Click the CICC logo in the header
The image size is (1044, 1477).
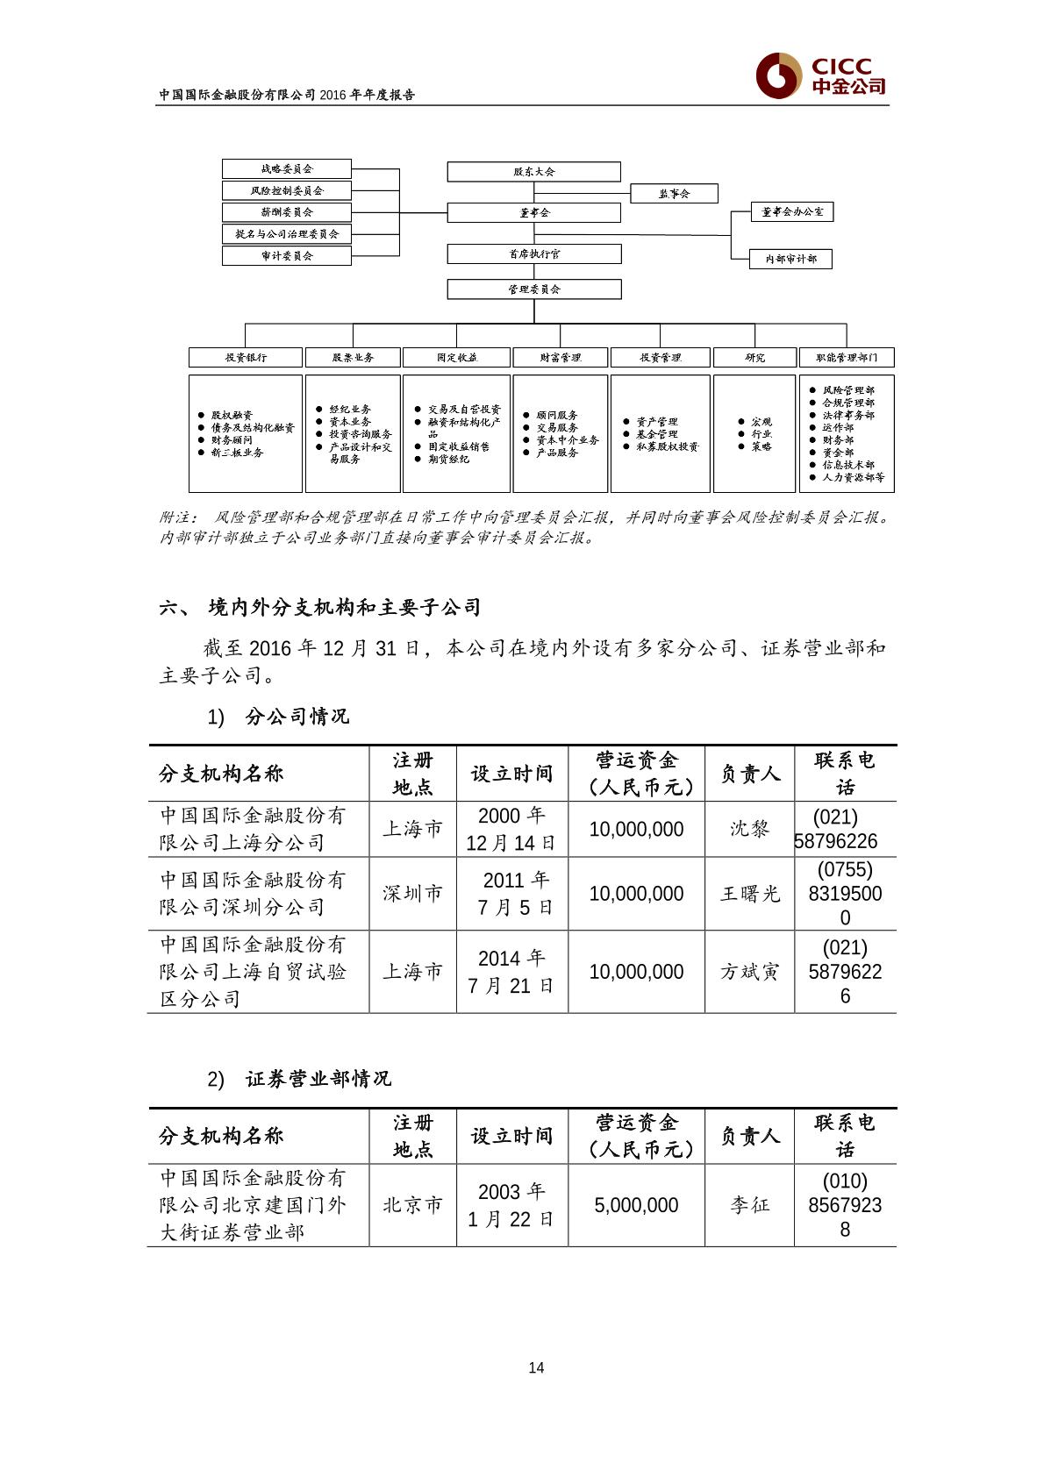coord(821,76)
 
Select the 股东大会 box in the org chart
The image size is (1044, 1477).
coord(533,172)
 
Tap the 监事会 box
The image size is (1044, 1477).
coord(674,194)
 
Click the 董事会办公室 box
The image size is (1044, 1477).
coord(792,212)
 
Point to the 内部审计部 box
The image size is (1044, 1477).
coord(790,260)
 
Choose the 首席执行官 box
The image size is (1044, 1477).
coord(533,254)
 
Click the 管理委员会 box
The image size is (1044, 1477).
coord(533,289)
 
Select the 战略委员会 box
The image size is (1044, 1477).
coord(286,168)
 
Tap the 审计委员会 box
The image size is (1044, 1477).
coord(286,256)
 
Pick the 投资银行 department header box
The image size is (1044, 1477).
coord(246,358)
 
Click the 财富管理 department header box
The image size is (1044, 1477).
coord(560,358)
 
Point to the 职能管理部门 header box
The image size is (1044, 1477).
coord(846,358)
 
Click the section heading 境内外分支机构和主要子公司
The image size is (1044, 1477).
coord(344,607)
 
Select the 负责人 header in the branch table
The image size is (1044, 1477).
coord(749,774)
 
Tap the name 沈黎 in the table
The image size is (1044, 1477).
coord(749,829)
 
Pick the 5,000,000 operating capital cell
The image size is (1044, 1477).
coord(636,1206)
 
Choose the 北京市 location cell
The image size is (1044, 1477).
coord(412,1206)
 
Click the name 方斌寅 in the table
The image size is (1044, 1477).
coord(749,972)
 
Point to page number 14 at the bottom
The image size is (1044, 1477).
coord(536,1368)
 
